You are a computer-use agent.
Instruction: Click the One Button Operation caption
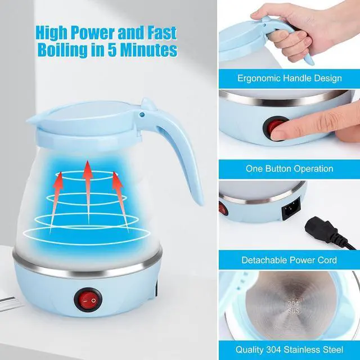tap(289, 168)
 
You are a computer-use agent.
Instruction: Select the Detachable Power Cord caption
tap(289, 260)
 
